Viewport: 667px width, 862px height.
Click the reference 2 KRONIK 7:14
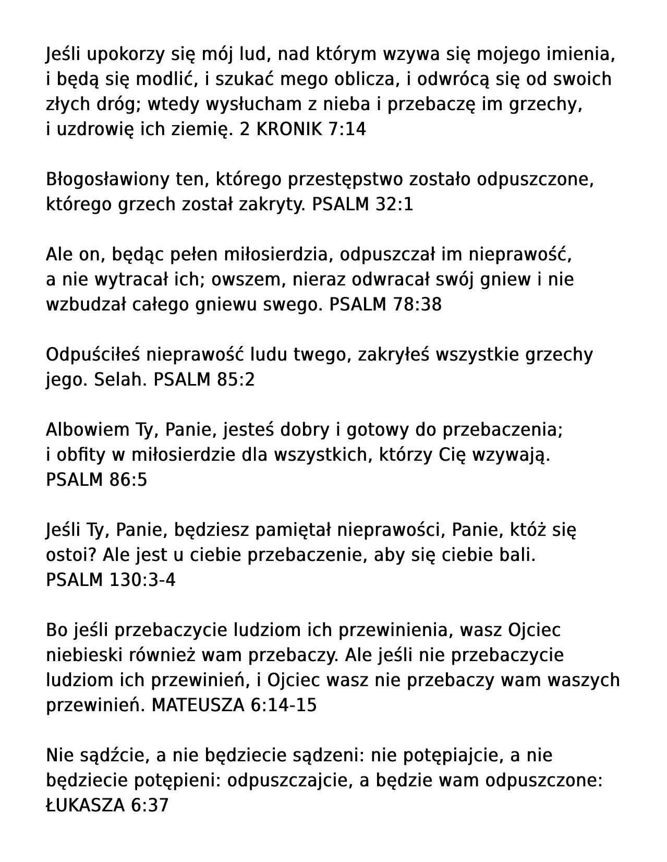point(302,129)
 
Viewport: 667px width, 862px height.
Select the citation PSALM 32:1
point(362,205)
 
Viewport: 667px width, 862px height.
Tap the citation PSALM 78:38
point(385,305)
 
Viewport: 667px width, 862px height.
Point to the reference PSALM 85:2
point(204,380)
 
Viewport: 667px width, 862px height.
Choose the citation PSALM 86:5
point(96,480)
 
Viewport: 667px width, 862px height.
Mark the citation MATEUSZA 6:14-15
point(234,705)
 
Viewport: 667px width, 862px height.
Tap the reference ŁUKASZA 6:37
point(107,806)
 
